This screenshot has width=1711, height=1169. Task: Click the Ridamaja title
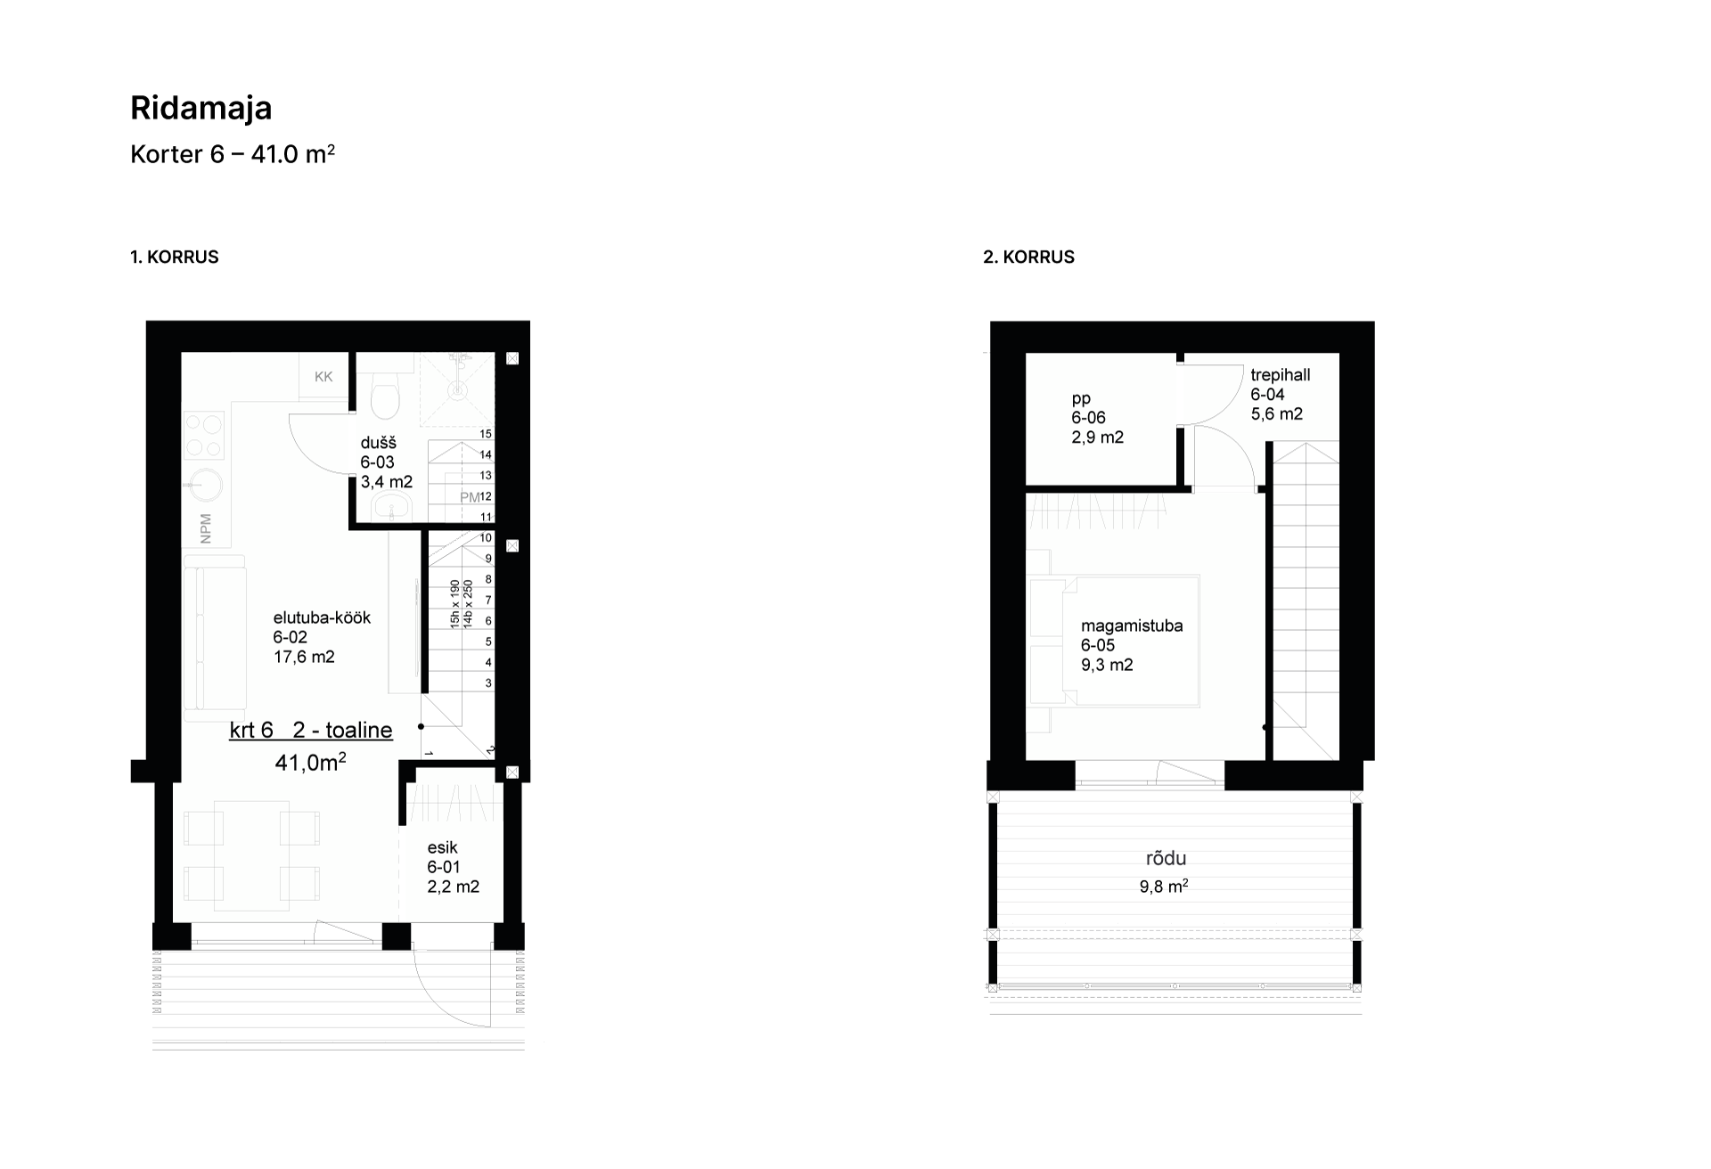tap(201, 108)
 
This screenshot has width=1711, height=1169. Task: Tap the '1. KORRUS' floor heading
tap(175, 257)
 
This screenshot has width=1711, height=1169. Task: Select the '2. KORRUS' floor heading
tap(1029, 257)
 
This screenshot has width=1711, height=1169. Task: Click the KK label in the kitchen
tap(323, 377)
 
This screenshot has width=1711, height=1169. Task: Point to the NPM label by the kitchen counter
tap(206, 528)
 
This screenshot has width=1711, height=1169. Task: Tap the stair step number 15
tap(486, 434)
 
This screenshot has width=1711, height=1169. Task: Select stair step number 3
tap(488, 683)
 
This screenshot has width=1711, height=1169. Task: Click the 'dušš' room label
tap(379, 444)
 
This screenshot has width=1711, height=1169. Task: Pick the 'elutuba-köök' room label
tap(322, 617)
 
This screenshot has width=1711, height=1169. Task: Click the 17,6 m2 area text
tap(304, 657)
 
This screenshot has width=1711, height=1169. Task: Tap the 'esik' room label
tap(442, 847)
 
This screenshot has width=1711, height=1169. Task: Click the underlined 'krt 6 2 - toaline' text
tap(311, 731)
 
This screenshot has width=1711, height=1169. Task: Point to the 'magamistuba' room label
tap(1132, 625)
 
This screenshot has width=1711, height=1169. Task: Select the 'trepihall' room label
tap(1281, 375)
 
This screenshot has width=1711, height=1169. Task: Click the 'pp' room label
tap(1081, 399)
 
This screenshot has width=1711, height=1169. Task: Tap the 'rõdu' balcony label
tap(1166, 859)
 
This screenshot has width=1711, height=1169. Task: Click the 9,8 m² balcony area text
tap(1164, 887)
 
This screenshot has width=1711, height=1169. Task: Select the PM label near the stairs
tap(470, 497)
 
